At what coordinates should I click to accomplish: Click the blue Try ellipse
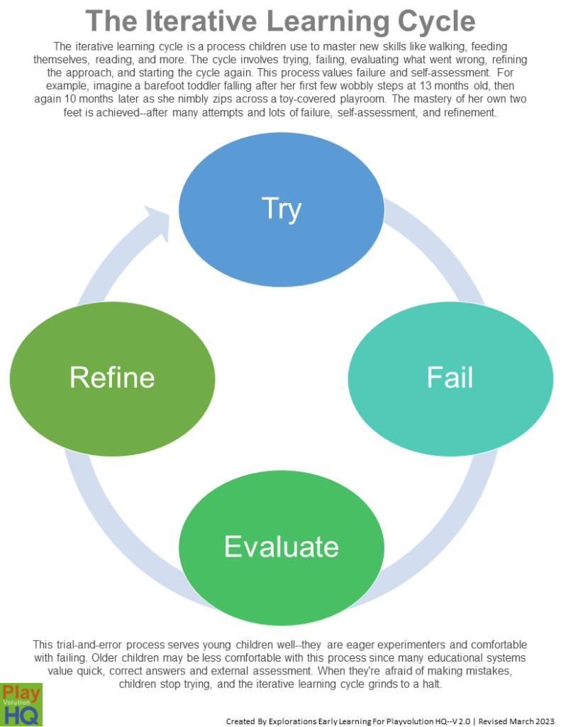click(x=282, y=207)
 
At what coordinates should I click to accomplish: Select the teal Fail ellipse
click(x=450, y=377)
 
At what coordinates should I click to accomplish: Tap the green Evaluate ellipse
click(x=282, y=546)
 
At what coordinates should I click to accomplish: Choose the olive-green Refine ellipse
click(x=112, y=377)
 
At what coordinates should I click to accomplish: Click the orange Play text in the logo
click(x=21, y=694)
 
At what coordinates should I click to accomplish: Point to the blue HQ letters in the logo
click(x=21, y=716)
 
